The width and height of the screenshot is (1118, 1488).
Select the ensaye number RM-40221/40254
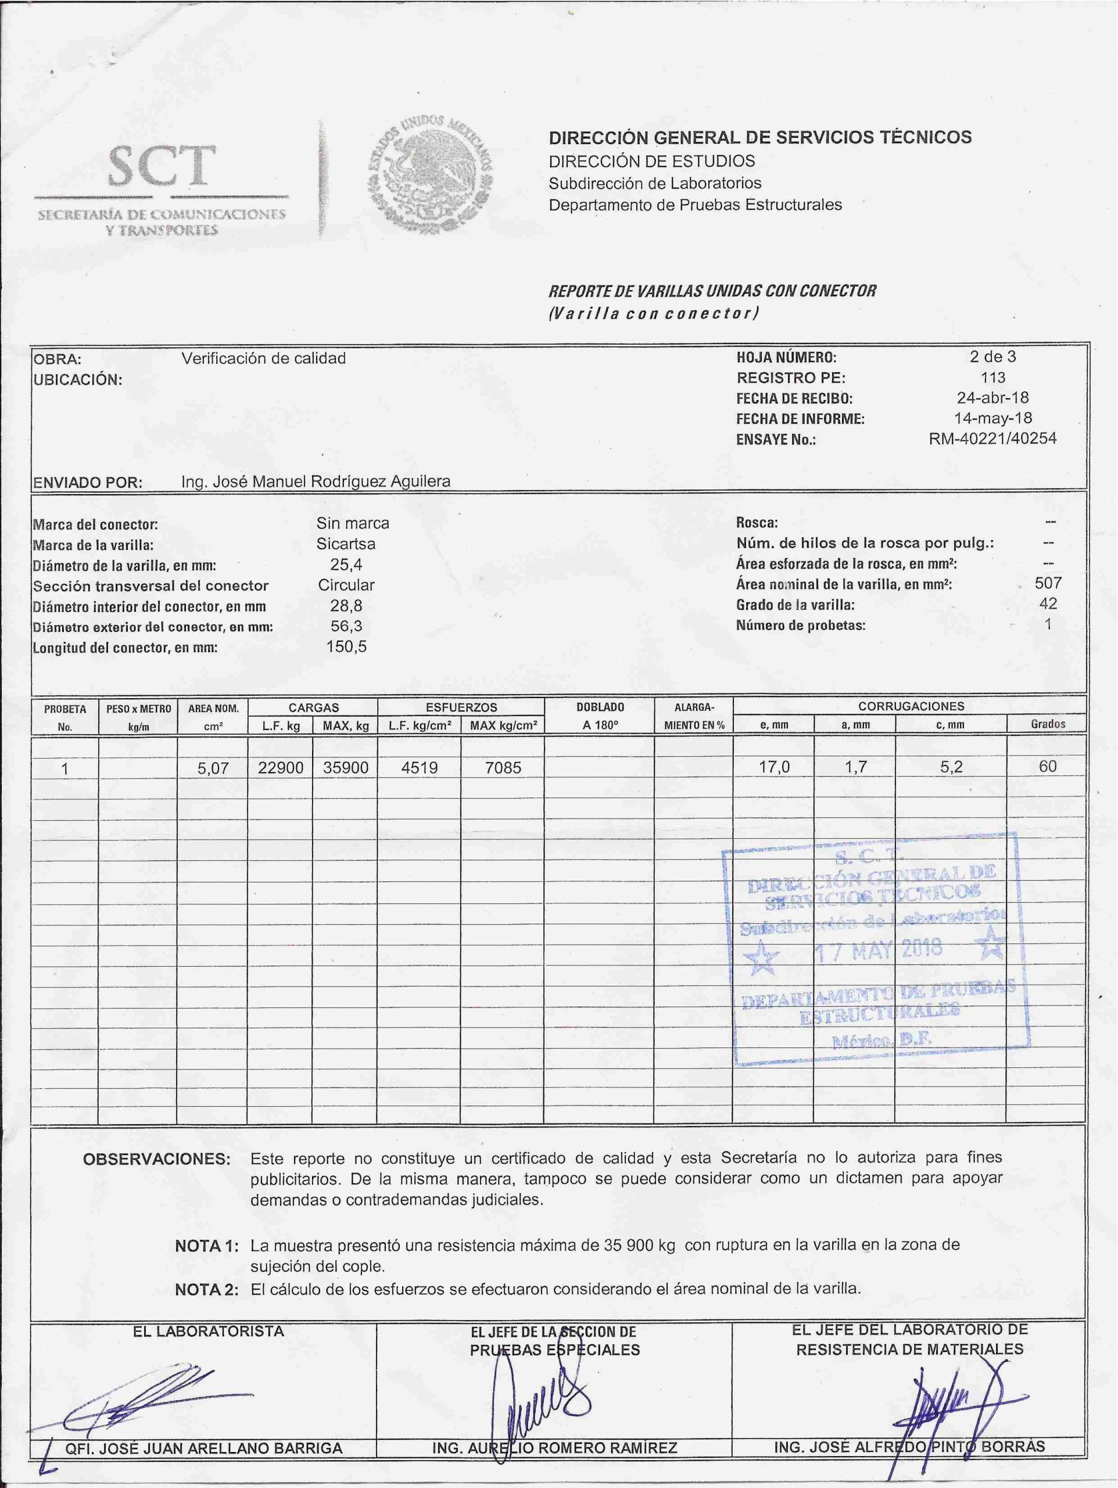[x=992, y=439]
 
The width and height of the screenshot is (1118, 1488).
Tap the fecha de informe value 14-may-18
[x=992, y=418]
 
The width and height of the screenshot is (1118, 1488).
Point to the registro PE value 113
[x=993, y=377]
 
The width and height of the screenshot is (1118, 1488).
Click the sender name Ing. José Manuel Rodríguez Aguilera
[x=316, y=482]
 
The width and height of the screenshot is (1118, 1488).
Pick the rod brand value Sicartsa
[x=346, y=543]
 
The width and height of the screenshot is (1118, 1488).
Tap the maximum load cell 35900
[x=345, y=768]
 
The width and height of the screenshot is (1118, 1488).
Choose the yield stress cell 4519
[x=419, y=768]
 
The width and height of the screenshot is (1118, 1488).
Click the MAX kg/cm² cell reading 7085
[x=503, y=768]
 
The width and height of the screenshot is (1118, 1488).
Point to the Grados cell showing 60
[x=1047, y=766]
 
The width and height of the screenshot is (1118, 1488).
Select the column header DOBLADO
[x=600, y=707]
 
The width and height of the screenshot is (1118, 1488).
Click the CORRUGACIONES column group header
[x=911, y=706]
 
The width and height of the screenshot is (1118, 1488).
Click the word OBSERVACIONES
[x=156, y=1159]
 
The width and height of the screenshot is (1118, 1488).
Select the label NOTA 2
[x=206, y=1290]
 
